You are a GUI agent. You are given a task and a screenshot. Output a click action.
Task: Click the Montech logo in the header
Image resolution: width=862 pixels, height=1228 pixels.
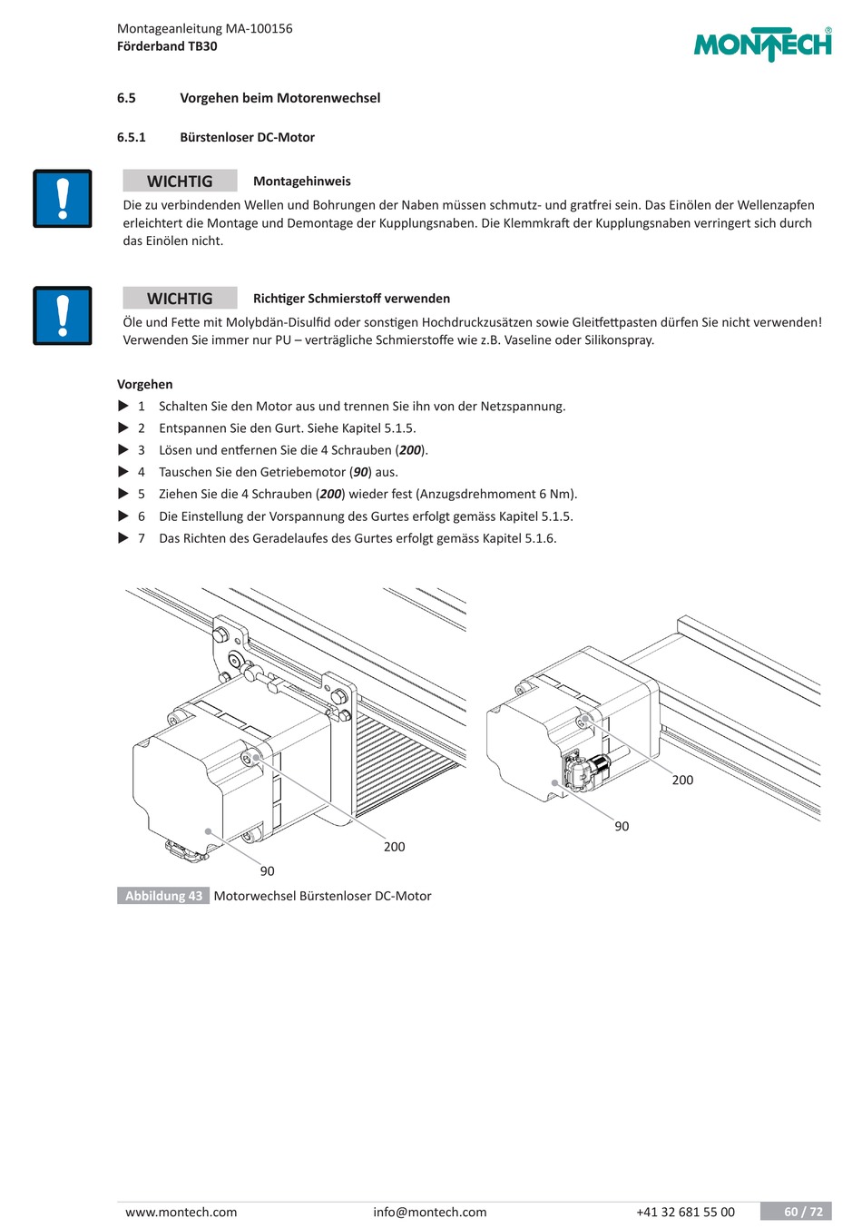(762, 44)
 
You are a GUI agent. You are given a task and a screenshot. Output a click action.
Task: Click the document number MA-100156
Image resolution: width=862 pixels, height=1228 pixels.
(259, 28)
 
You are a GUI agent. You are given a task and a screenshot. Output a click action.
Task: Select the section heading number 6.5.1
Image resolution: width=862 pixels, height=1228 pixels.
(132, 137)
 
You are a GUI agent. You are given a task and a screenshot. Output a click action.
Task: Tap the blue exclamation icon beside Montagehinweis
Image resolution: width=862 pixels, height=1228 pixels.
(63, 199)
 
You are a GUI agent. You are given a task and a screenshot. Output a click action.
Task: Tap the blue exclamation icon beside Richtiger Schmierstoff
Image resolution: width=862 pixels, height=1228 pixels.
(63, 316)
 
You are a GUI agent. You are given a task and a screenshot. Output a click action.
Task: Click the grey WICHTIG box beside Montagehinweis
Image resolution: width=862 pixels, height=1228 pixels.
(180, 181)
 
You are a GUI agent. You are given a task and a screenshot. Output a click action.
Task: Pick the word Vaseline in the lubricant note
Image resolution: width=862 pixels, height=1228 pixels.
(526, 339)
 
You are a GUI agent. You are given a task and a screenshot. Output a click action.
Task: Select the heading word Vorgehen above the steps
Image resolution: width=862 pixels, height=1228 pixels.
(144, 384)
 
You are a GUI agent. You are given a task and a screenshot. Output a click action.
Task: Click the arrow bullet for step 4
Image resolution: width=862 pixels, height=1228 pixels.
(123, 471)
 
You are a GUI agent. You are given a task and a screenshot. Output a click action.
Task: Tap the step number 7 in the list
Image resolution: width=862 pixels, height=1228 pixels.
(142, 538)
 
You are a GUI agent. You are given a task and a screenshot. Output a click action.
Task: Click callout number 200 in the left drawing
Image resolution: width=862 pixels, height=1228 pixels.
(394, 847)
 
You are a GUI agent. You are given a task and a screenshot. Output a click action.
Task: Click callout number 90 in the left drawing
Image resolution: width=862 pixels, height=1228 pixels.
(267, 871)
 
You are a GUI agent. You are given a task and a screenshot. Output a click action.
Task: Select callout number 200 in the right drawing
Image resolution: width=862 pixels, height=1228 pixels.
(682, 780)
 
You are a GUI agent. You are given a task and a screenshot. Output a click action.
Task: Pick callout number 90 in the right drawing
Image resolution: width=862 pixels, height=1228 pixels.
(622, 826)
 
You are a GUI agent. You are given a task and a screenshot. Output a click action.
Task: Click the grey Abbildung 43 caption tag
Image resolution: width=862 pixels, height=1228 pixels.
(163, 896)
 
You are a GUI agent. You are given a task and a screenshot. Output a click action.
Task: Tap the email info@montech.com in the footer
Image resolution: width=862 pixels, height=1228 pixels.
(429, 1212)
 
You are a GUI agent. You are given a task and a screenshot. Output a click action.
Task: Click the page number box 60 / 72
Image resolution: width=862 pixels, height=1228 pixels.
(796, 1212)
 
